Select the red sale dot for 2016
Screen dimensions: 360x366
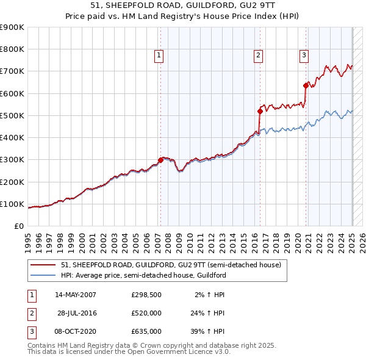point(260,111)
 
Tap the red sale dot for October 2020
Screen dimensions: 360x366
point(306,85)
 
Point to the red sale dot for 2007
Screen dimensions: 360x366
point(160,160)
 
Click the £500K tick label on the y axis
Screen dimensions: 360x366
point(12,115)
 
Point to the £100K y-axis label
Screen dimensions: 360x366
point(12,204)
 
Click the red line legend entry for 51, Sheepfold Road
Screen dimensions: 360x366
point(171,265)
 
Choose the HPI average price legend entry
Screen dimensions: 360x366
point(143,275)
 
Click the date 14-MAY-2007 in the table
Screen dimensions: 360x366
point(76,295)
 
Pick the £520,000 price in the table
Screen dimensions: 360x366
point(146,313)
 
